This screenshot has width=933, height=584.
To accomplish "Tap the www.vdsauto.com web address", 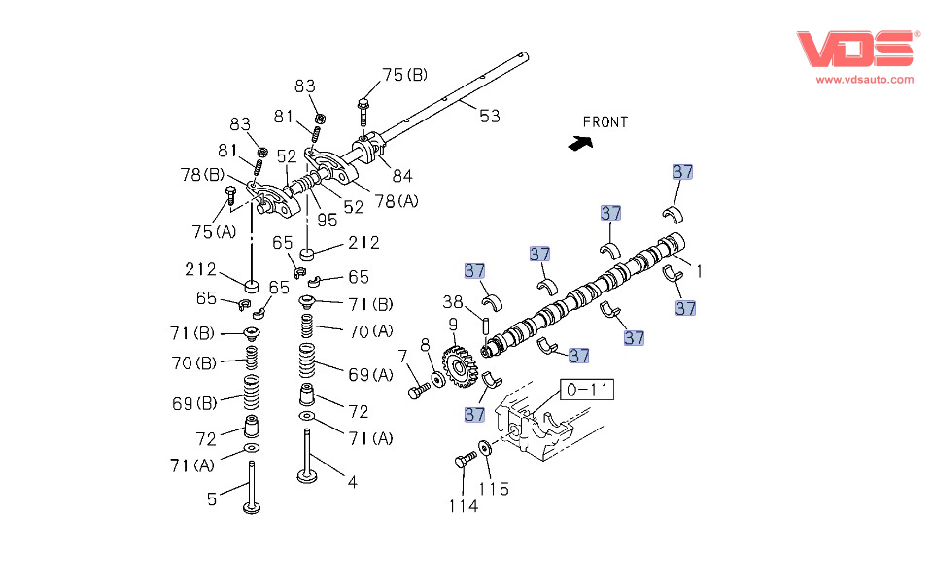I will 864,80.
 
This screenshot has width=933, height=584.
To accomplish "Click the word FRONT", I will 605,122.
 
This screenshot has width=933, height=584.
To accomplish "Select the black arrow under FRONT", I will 580,142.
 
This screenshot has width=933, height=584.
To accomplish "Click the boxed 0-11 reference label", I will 589,391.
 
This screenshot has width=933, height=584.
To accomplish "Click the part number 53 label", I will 489,116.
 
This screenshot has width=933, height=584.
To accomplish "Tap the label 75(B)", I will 404,75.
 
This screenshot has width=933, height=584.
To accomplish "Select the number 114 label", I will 463,505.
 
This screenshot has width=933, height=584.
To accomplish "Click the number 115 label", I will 494,489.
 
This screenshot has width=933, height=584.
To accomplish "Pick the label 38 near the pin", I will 453,301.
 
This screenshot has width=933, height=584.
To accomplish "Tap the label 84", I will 401,176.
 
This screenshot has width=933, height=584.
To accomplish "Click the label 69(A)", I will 369,374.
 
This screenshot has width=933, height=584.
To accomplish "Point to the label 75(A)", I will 212,231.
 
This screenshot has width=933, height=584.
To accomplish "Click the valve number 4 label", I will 352,481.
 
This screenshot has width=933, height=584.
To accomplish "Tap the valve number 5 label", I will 212,499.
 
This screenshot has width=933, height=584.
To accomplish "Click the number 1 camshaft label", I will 697,272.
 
